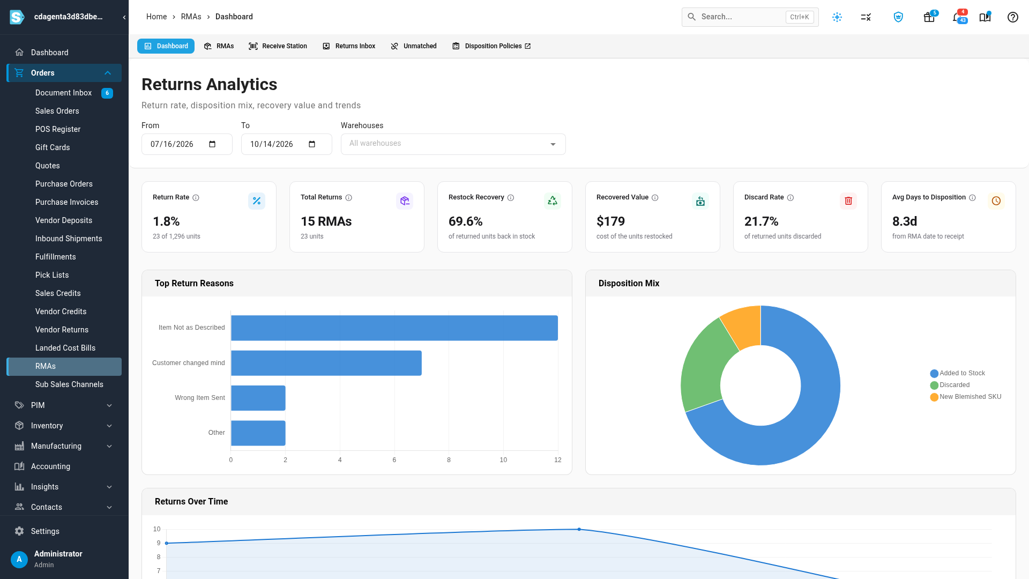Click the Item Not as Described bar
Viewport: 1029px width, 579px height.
(394, 328)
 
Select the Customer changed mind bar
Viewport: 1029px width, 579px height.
(326, 363)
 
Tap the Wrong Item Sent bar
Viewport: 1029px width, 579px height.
(258, 398)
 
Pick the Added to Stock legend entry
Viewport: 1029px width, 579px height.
(958, 373)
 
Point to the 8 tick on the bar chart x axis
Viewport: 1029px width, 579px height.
(449, 460)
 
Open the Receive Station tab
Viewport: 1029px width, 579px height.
(278, 46)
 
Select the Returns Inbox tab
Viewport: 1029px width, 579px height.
(349, 46)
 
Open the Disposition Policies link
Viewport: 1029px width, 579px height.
(492, 46)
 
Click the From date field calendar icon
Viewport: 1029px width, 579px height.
(212, 144)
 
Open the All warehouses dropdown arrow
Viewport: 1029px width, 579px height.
(553, 144)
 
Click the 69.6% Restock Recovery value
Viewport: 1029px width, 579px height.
(466, 221)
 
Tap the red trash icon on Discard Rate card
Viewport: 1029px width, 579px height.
(848, 201)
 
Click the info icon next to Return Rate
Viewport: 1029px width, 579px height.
(196, 198)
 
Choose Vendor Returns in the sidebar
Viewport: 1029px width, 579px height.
(62, 330)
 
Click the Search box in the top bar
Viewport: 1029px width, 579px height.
(750, 17)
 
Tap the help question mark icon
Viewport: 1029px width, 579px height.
(1013, 17)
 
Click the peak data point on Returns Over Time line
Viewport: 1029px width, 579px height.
(579, 529)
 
